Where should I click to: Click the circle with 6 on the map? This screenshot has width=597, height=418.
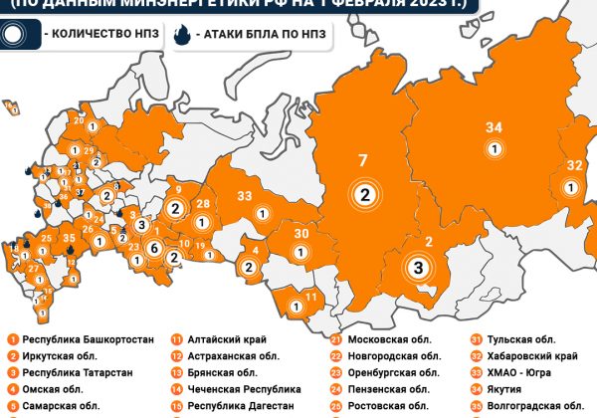tap(154, 248)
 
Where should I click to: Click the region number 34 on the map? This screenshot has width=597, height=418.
tap(494, 126)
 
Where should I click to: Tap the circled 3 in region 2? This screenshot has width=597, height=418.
tap(419, 268)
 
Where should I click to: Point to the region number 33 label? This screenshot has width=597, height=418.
tap(244, 195)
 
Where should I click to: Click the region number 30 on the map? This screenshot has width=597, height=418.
tap(299, 233)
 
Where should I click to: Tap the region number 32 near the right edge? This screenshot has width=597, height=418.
tap(574, 165)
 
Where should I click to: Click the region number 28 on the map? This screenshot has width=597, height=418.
tap(202, 204)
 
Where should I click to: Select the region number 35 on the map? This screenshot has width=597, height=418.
tap(69, 238)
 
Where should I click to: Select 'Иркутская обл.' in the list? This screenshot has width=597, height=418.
tap(60, 356)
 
